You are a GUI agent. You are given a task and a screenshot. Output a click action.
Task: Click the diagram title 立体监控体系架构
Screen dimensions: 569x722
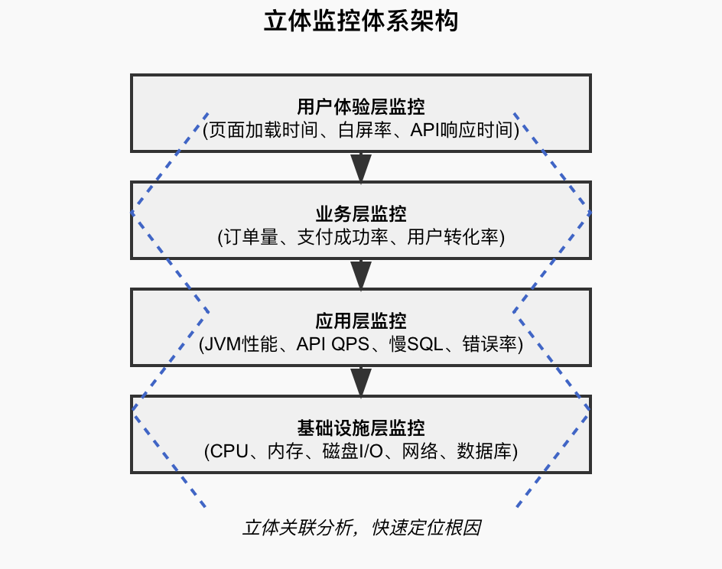(361, 21)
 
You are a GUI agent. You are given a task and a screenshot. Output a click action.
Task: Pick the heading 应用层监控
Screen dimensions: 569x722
(361, 320)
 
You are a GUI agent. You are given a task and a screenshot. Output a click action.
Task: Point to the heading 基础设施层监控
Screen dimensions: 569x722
(361, 428)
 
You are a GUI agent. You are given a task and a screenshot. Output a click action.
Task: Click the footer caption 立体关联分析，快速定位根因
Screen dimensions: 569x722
(361, 528)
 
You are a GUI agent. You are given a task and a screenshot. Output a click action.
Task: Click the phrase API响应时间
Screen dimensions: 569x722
(462, 130)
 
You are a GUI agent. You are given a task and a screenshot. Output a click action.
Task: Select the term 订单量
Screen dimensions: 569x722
(246, 238)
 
